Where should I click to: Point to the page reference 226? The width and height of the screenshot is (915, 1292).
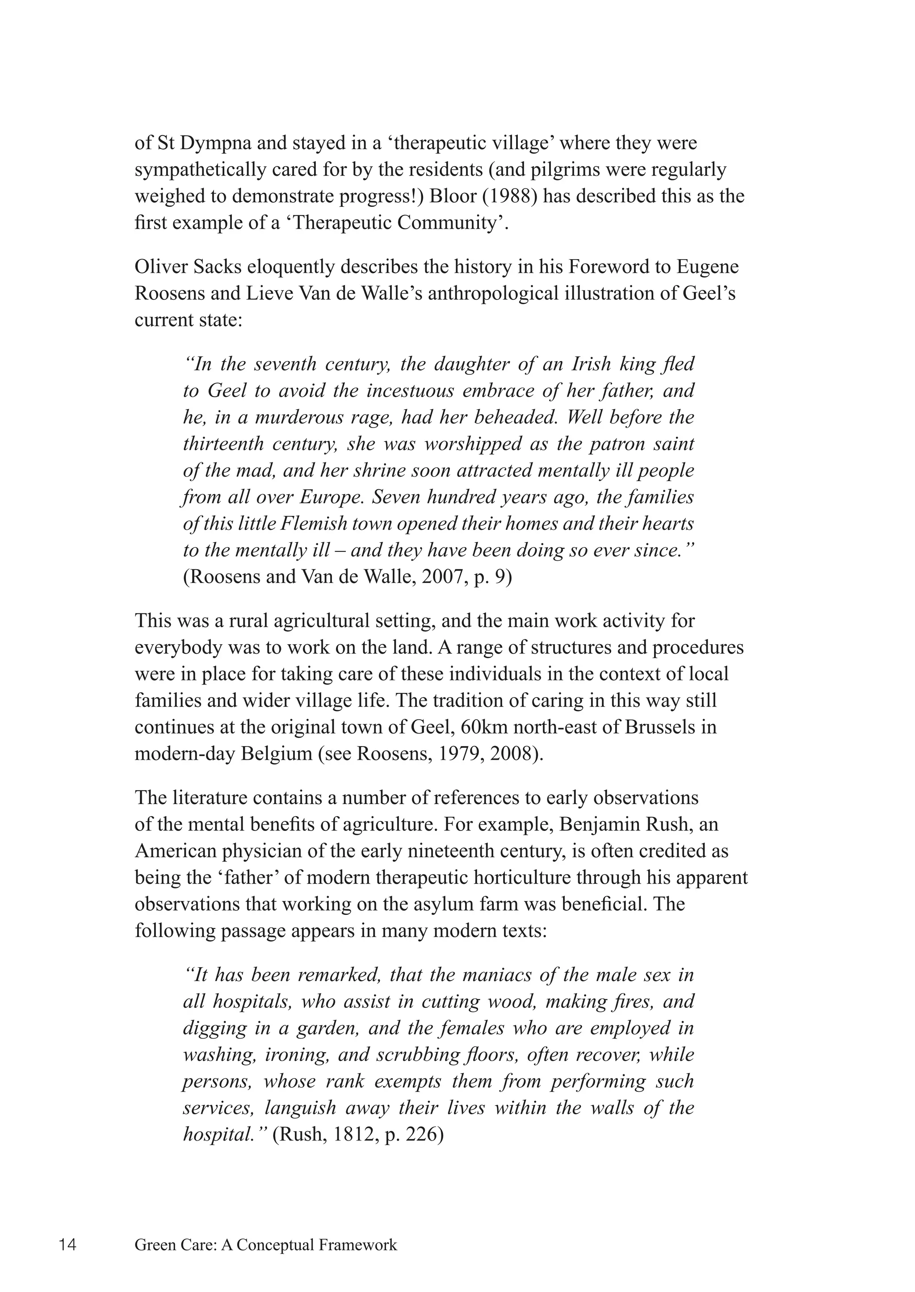(x=419, y=1135)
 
